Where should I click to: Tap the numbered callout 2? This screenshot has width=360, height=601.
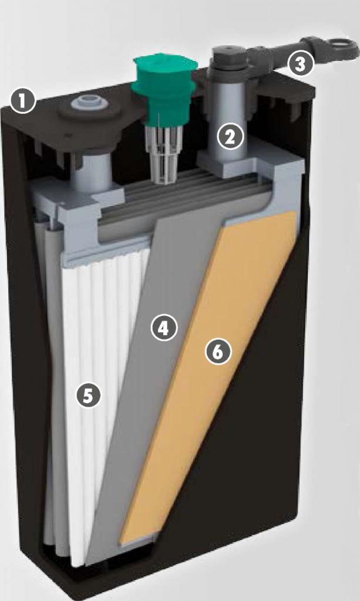coord(230,137)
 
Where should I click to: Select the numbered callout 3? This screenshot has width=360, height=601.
coord(300,64)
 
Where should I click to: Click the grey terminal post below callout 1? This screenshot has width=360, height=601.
coord(90,173)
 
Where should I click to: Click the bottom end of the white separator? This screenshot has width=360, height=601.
coord(78,563)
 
